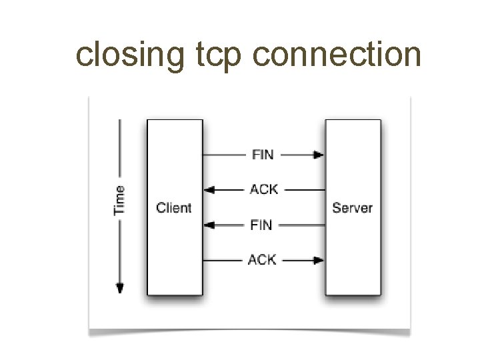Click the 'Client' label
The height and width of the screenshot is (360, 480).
point(174,207)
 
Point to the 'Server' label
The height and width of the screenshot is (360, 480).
point(353,207)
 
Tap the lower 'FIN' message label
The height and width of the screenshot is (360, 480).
point(261,225)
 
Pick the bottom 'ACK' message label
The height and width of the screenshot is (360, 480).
point(263,259)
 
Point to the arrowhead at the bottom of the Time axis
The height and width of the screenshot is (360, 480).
point(120,288)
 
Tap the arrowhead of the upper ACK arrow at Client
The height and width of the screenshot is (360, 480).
point(209,190)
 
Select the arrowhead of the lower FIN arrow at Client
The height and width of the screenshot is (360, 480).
point(209,225)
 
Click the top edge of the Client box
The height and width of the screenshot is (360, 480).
point(174,120)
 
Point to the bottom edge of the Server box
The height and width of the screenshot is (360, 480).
point(353,295)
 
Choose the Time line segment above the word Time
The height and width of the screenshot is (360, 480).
point(120,147)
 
